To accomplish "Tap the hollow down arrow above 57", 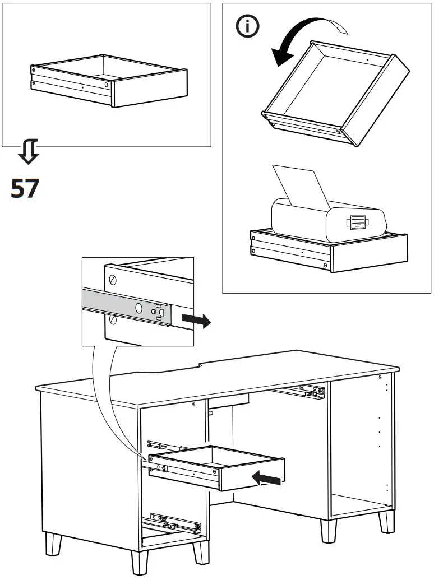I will tap(27, 152).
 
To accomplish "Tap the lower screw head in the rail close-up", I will tap(114, 319).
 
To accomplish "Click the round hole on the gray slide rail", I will tap(138, 307).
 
